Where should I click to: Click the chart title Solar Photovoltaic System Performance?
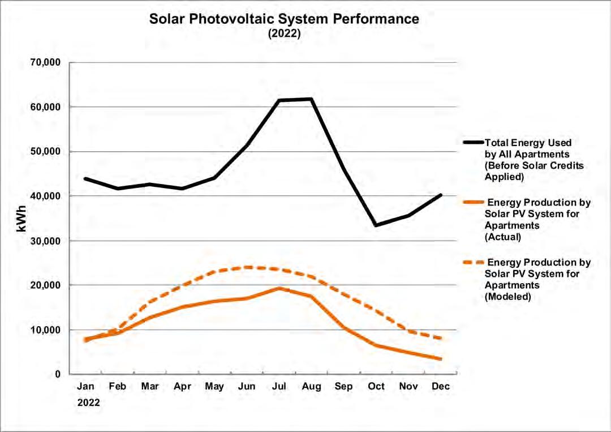tap(284, 19)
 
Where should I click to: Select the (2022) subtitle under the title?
tap(284, 33)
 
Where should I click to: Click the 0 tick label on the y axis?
tap(57, 374)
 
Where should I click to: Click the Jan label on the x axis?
tap(85, 387)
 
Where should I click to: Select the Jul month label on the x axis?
tap(279, 387)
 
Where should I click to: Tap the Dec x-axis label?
tap(441, 387)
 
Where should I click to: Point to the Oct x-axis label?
tap(376, 387)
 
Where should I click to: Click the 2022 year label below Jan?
tap(89, 403)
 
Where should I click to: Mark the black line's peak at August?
tap(311, 99)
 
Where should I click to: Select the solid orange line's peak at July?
tap(279, 288)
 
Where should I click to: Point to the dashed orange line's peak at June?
tap(247, 267)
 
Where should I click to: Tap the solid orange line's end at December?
tap(441, 358)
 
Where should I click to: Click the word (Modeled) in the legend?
tap(507, 296)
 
